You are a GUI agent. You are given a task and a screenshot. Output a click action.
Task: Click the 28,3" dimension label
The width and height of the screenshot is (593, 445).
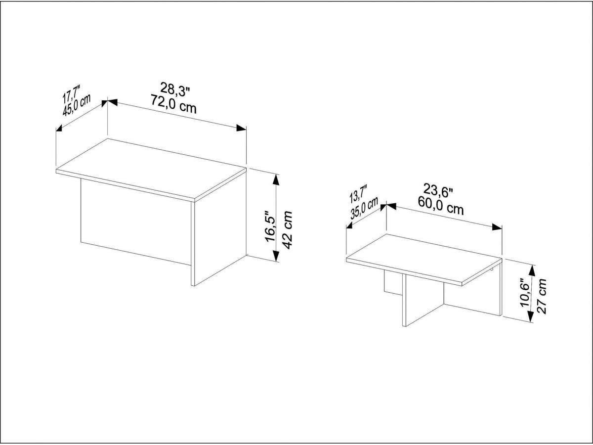175,89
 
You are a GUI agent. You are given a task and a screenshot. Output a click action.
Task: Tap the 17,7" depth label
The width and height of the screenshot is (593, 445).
72,93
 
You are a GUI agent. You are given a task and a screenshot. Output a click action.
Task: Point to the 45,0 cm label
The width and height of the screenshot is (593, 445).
77,105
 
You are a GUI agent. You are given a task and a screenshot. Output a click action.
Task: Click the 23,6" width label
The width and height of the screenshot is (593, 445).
438,191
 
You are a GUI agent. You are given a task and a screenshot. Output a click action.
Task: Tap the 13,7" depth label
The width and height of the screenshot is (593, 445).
358,194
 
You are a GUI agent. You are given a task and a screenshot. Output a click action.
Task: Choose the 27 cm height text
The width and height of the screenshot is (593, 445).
542,296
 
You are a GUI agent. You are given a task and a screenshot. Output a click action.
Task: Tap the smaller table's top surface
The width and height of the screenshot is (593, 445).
424,259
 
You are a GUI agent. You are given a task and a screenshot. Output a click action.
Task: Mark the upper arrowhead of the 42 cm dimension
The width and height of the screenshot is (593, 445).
276,179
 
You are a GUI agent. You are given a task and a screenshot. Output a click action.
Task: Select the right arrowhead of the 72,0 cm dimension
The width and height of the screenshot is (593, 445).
241,128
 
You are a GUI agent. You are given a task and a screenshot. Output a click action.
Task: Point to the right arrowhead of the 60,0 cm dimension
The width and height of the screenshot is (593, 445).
497,227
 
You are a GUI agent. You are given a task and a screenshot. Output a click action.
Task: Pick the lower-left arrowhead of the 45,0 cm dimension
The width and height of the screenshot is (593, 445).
59,129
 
